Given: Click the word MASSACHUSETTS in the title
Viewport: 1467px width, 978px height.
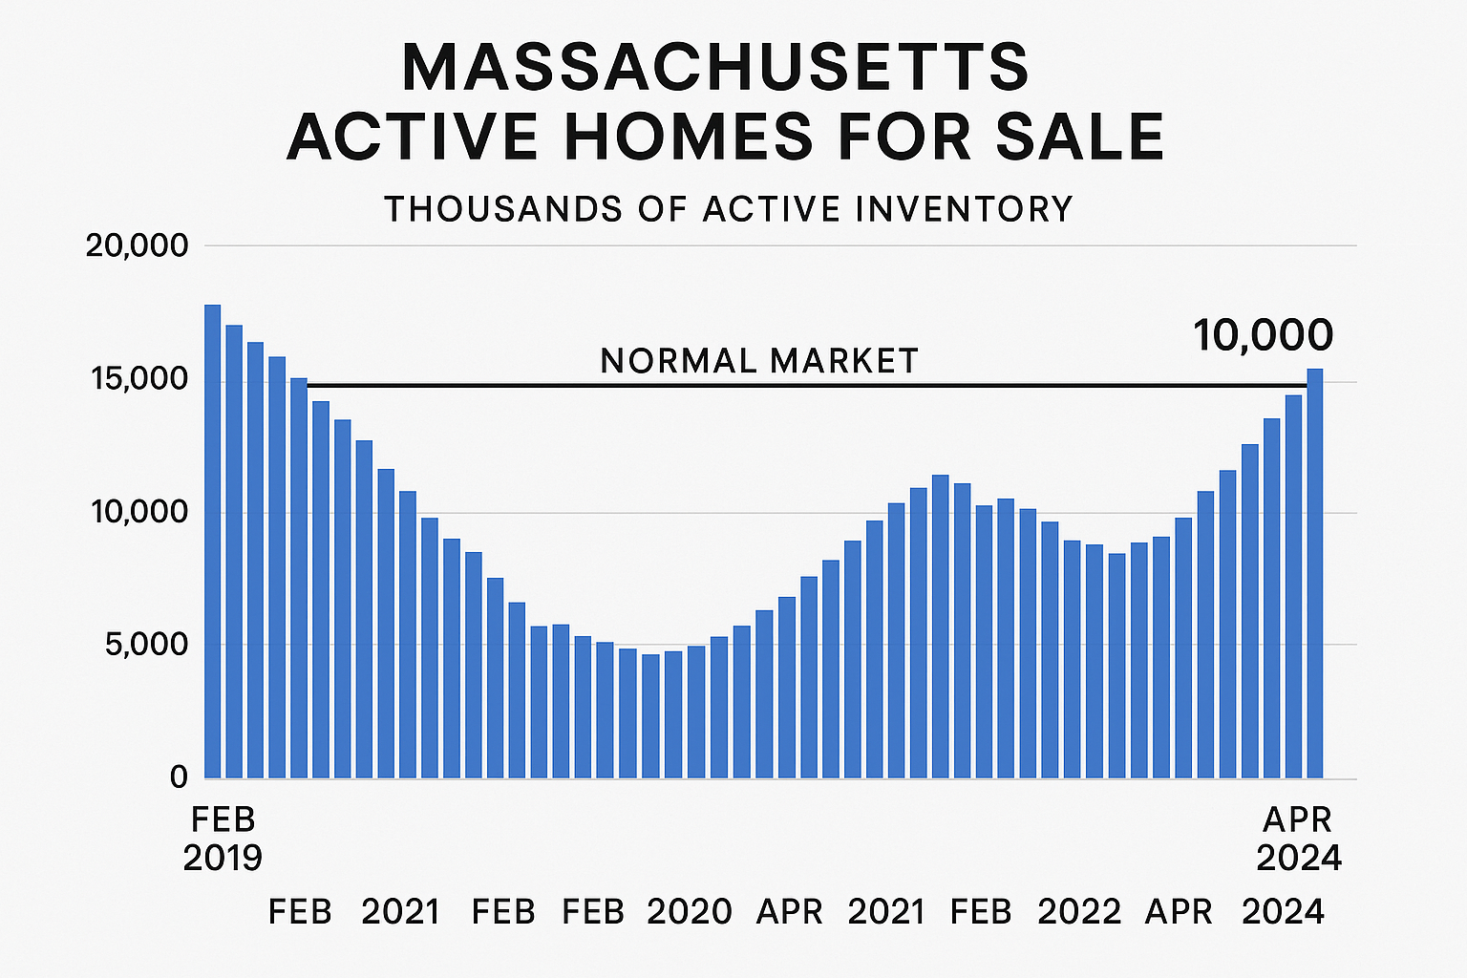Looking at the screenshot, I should coord(715,68).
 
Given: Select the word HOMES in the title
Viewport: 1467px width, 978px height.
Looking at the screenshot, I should coord(688,137).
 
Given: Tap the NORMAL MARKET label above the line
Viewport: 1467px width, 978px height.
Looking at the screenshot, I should coord(759,361).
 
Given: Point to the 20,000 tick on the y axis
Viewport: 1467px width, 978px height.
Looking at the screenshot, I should coord(138,246).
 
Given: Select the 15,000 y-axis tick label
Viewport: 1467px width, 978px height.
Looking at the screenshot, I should coord(138,380).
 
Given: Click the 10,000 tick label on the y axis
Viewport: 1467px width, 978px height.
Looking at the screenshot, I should coord(138,513).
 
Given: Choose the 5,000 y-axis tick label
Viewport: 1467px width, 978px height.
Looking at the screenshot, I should coord(143,645).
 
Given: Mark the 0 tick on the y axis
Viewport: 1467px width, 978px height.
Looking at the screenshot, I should coord(179,777).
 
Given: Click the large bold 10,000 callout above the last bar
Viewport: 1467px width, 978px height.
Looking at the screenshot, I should coord(1263,336).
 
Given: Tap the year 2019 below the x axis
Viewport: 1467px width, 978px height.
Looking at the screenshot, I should coord(223,858).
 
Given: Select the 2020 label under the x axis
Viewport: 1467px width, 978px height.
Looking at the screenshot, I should coord(689,912).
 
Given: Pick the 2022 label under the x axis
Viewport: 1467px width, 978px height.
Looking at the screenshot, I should coord(1079,912).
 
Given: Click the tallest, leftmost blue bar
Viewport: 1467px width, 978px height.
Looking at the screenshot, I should coord(212,541).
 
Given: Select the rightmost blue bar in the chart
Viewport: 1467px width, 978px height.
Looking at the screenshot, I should coord(1315,573).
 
